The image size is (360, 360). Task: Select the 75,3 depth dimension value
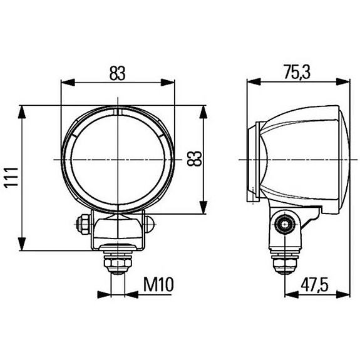point(297,72)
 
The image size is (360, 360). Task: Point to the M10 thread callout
point(157,285)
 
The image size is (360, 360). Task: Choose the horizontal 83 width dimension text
point(117,73)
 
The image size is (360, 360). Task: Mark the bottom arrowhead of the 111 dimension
point(22,246)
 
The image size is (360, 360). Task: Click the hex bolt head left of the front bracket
point(81,223)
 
